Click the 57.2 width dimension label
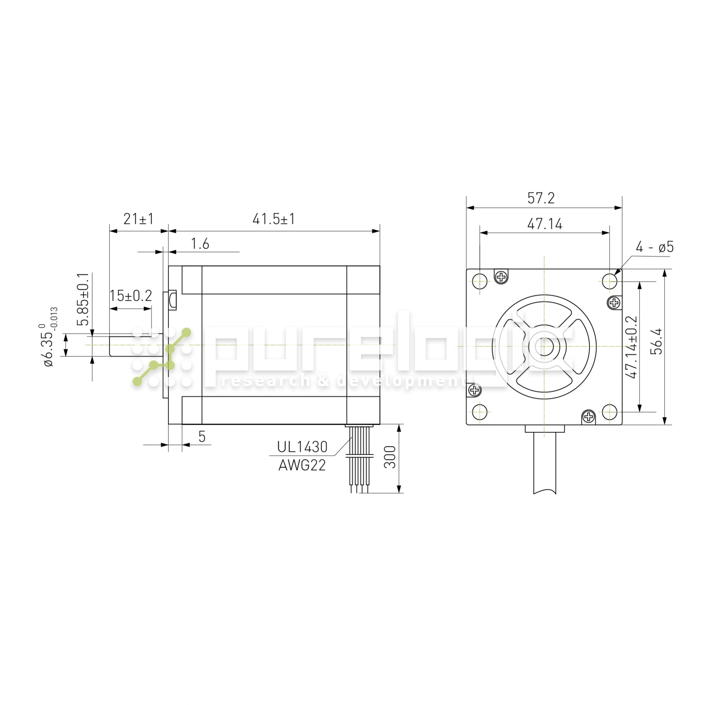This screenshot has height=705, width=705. pos(541,198)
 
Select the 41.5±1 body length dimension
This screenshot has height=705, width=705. pos(274,219)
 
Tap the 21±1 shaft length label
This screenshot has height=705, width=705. pos(139,219)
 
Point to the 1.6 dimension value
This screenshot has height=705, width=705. pos(200,244)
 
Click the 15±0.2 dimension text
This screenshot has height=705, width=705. pos(131,296)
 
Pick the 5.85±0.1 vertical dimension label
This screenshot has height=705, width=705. pos(84,299)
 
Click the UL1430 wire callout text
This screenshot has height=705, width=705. pos(302,447)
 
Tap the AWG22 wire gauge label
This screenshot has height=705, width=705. pos(302,465)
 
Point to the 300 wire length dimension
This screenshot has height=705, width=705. pos(390,457)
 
